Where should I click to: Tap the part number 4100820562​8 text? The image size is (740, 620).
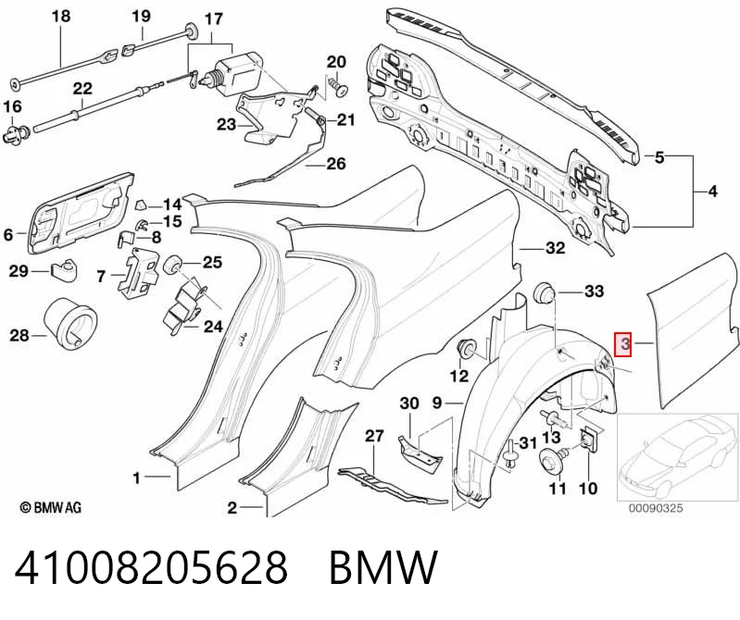151,567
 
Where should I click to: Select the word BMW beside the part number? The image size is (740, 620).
383,567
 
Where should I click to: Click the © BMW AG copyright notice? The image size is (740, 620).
51,507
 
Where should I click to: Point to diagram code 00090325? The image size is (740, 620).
655,508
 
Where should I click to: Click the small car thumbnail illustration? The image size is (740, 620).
677,456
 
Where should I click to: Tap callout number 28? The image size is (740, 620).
19,336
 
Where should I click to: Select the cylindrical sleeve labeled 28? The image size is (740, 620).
71,324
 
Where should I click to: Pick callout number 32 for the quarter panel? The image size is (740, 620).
555,247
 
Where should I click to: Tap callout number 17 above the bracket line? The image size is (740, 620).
213,19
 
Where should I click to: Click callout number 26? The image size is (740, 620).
336,164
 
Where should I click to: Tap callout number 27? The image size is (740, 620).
375,436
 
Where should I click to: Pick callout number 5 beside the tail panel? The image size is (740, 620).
659,157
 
